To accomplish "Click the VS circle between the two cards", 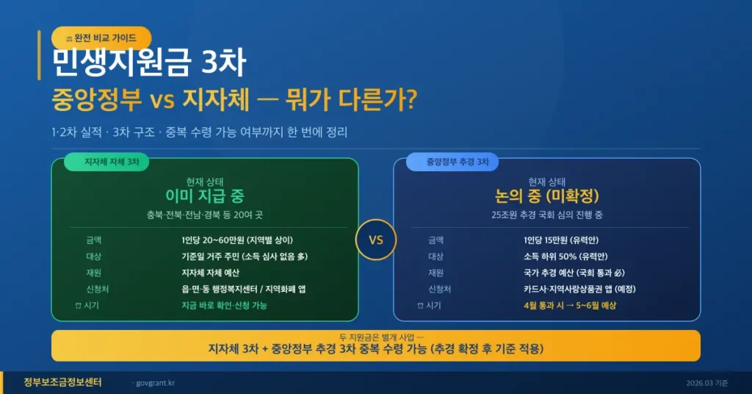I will [x=375, y=240].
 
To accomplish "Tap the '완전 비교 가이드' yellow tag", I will [x=101, y=37].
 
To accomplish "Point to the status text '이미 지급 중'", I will [x=205, y=196].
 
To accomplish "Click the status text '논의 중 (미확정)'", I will [x=547, y=196].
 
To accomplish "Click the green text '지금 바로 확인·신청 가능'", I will [x=224, y=305].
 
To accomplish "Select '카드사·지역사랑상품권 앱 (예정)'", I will [x=579, y=289].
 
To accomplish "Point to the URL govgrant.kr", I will [x=155, y=383].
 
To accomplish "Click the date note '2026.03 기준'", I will [x=707, y=383].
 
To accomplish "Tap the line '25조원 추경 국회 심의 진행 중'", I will [x=547, y=215].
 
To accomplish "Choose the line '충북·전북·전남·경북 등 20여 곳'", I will [x=205, y=215].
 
